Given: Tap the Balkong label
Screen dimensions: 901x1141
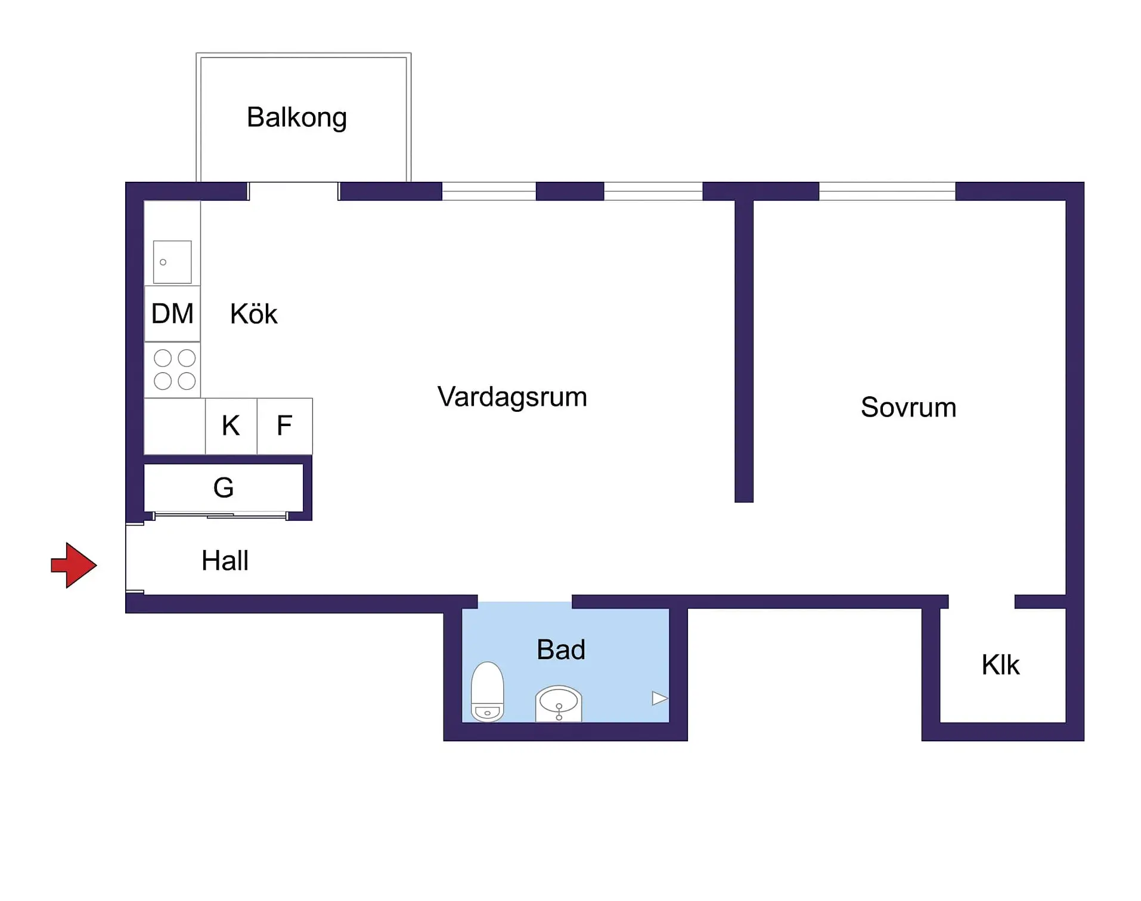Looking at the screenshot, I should click(x=296, y=117).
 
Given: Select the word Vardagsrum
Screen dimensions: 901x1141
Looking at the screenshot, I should click(x=511, y=397).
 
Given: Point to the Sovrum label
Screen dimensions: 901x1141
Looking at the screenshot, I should click(x=908, y=408).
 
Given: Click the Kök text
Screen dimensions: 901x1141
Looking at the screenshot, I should click(x=253, y=314).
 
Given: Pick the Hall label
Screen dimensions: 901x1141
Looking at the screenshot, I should click(x=225, y=561).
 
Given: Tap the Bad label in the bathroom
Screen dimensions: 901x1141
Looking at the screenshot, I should click(x=560, y=650).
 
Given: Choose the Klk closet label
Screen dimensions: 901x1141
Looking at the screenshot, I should click(x=1000, y=665).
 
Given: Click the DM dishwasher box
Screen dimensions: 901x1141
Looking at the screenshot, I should click(x=172, y=313).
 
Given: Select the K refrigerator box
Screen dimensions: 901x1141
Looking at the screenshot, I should click(x=231, y=426).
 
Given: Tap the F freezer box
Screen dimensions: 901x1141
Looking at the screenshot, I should click(x=284, y=426).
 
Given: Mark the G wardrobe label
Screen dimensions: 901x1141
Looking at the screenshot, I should click(x=224, y=488).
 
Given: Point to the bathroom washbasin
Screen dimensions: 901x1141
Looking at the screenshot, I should click(x=559, y=703).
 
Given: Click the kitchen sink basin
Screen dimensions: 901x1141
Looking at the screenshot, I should click(x=172, y=262).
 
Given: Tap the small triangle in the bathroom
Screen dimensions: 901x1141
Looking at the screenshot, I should click(x=659, y=698).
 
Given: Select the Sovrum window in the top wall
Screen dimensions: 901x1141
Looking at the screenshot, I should click(x=887, y=191).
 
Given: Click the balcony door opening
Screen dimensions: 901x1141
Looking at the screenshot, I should click(x=293, y=191).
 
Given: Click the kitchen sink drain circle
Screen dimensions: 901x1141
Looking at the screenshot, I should click(x=163, y=262).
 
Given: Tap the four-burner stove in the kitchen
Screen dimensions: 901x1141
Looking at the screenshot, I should click(x=174, y=369).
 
